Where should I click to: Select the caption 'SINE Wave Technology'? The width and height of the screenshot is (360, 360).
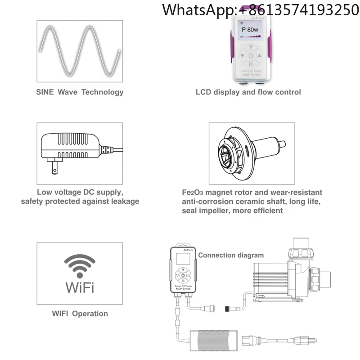(80, 92)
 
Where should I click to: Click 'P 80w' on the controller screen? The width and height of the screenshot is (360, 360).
(250, 30)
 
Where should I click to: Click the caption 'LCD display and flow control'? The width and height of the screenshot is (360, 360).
(248, 92)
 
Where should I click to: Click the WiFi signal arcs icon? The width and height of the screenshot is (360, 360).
(80, 265)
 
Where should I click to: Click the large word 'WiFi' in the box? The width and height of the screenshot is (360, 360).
(80, 287)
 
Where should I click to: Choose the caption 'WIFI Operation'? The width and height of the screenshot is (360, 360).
(80, 313)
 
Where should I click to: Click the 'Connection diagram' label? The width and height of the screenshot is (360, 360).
(231, 255)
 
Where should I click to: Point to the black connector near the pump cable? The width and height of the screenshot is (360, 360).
(229, 309)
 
